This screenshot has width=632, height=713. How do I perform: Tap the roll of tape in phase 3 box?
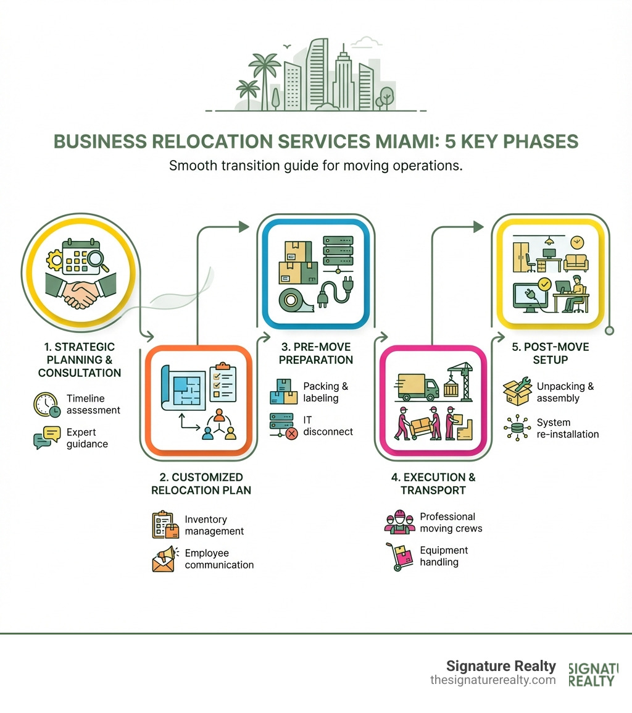point(294,302)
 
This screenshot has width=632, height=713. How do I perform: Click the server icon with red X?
point(284,426)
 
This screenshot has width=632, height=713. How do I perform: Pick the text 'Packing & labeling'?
point(325,392)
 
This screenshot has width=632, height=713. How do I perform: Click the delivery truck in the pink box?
point(418,386)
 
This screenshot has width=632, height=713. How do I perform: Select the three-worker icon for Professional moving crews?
point(397,523)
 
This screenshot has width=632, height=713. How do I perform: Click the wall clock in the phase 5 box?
point(577,242)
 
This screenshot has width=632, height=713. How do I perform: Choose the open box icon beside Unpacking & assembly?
point(517,392)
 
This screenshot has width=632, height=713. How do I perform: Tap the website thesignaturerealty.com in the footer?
point(493,680)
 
